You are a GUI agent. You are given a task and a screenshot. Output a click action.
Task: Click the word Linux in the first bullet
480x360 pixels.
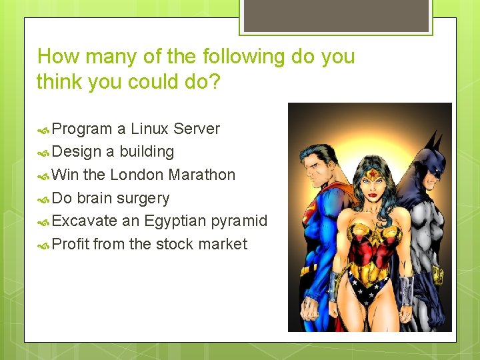click(x=150, y=129)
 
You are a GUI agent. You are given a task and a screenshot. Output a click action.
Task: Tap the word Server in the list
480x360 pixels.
click(x=197, y=129)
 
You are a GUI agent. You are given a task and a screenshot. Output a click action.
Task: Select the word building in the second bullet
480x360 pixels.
click(x=147, y=152)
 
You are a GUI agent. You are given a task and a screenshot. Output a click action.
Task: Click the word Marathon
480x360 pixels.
click(x=202, y=175)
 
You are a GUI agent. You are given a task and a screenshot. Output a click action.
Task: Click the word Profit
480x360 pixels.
click(x=70, y=245)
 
